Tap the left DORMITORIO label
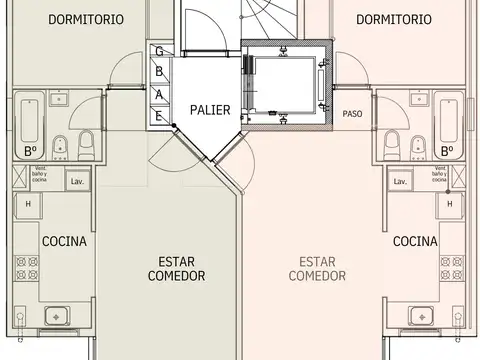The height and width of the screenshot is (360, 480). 64,19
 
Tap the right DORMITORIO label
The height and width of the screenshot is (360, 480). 393,19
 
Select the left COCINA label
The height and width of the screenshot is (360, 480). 64,241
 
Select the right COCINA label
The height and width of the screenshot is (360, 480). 415,241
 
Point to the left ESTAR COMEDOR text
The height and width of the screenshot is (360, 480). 176,267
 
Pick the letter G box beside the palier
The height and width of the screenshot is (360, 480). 159,52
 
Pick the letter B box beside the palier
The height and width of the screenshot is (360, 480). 159,71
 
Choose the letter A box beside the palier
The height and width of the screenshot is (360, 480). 159,94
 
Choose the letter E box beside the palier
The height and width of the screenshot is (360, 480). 159,115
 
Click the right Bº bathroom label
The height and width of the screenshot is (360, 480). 447,151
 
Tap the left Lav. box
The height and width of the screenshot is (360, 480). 76,181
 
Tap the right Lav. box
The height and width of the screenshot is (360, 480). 400,181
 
